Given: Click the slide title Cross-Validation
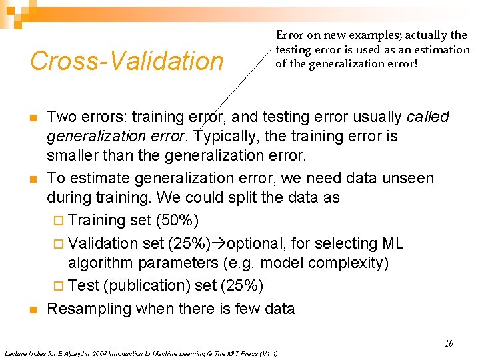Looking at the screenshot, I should tap(127, 61).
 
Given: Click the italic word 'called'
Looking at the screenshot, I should tap(427, 117).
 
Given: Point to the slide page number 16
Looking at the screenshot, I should tap(448, 343).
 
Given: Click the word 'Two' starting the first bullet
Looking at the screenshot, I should tap(61, 117).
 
